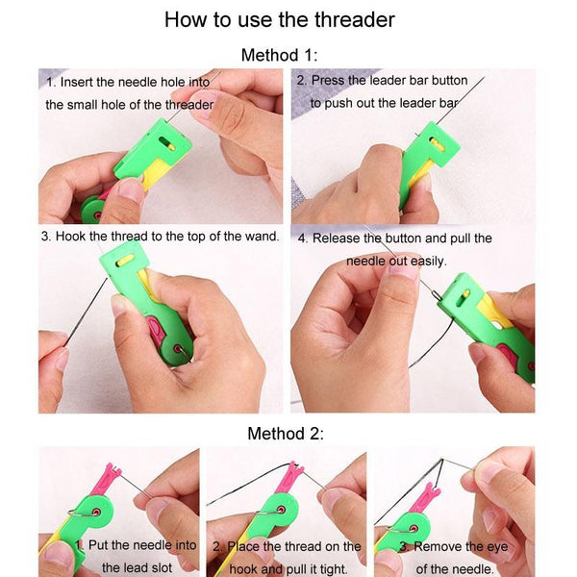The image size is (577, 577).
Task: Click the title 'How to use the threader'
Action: coord(279,20)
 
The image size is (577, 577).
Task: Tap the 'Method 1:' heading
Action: coord(279,55)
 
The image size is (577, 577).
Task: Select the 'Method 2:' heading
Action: coord(286,434)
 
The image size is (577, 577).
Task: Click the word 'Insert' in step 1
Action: coord(77,82)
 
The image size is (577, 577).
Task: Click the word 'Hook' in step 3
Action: coord(70,237)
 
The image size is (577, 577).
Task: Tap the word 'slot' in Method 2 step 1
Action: coord(162,567)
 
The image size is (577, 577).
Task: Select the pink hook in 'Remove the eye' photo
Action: coord(425,498)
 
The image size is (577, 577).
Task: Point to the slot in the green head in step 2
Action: coord(437,142)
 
